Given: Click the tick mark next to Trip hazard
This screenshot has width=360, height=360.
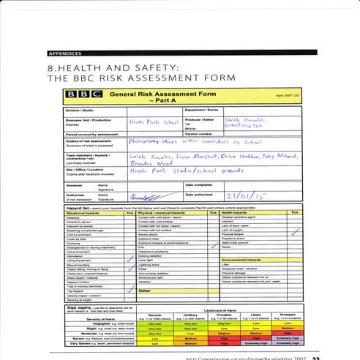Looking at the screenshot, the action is coord(130,286).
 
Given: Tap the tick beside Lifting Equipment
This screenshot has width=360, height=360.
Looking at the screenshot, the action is coord(130,260).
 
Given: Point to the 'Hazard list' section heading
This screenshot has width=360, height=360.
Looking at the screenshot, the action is coord(76,207).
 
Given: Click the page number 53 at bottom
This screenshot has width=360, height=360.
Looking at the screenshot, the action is coord(315,358).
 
